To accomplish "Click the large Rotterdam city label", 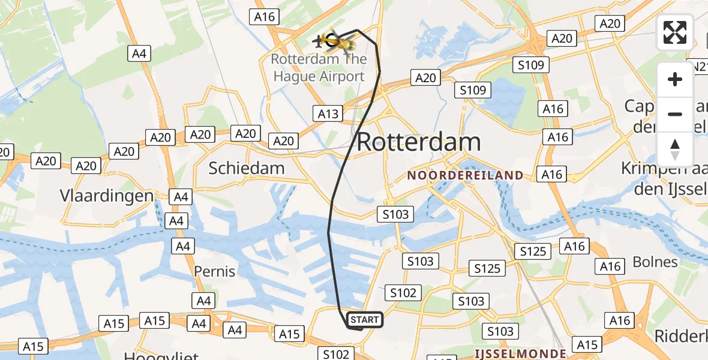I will pyautogui.click(x=419, y=142).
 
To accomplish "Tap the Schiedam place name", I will pyautogui.click(x=247, y=168).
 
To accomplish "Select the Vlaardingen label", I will pyautogui.click(x=107, y=196).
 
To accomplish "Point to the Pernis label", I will pyautogui.click(x=214, y=271).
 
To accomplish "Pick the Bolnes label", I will pyautogui.click(x=655, y=262).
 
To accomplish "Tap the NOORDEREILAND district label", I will pyautogui.click(x=465, y=175).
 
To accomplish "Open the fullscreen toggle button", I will pyautogui.click(x=675, y=32).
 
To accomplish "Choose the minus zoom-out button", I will pyautogui.click(x=675, y=114).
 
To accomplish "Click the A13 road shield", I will pyautogui.click(x=328, y=113).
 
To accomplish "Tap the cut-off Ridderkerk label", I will pyautogui.click(x=680, y=336).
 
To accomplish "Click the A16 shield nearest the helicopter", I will pyautogui.click(x=265, y=16).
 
